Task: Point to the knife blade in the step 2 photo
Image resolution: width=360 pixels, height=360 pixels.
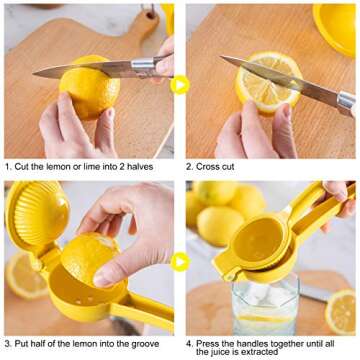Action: click(280, 80)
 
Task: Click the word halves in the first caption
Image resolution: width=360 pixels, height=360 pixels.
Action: click(136, 166)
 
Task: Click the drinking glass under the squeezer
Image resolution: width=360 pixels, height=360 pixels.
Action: click(264, 304)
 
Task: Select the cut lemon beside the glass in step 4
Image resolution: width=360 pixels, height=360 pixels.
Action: click(340, 310)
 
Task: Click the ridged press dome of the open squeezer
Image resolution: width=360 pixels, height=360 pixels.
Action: click(39, 214)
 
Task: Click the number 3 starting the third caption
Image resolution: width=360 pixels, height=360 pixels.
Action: click(7, 342)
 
